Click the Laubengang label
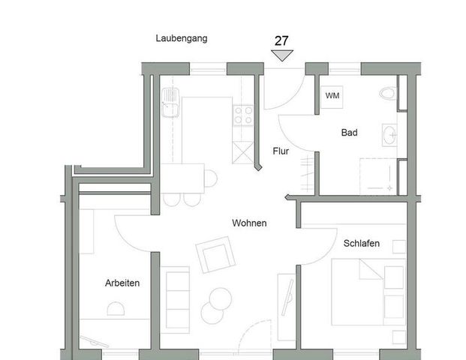tap(181, 37)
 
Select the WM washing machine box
tap(332, 96)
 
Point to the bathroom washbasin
tap(389, 135)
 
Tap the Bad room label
tap(349, 133)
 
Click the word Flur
tap(281, 151)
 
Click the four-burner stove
tap(243, 115)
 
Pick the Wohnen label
tap(249, 223)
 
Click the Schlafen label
tap(362, 244)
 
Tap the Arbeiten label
tap(122, 283)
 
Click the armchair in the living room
tap(215, 255)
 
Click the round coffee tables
tap(216, 301)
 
